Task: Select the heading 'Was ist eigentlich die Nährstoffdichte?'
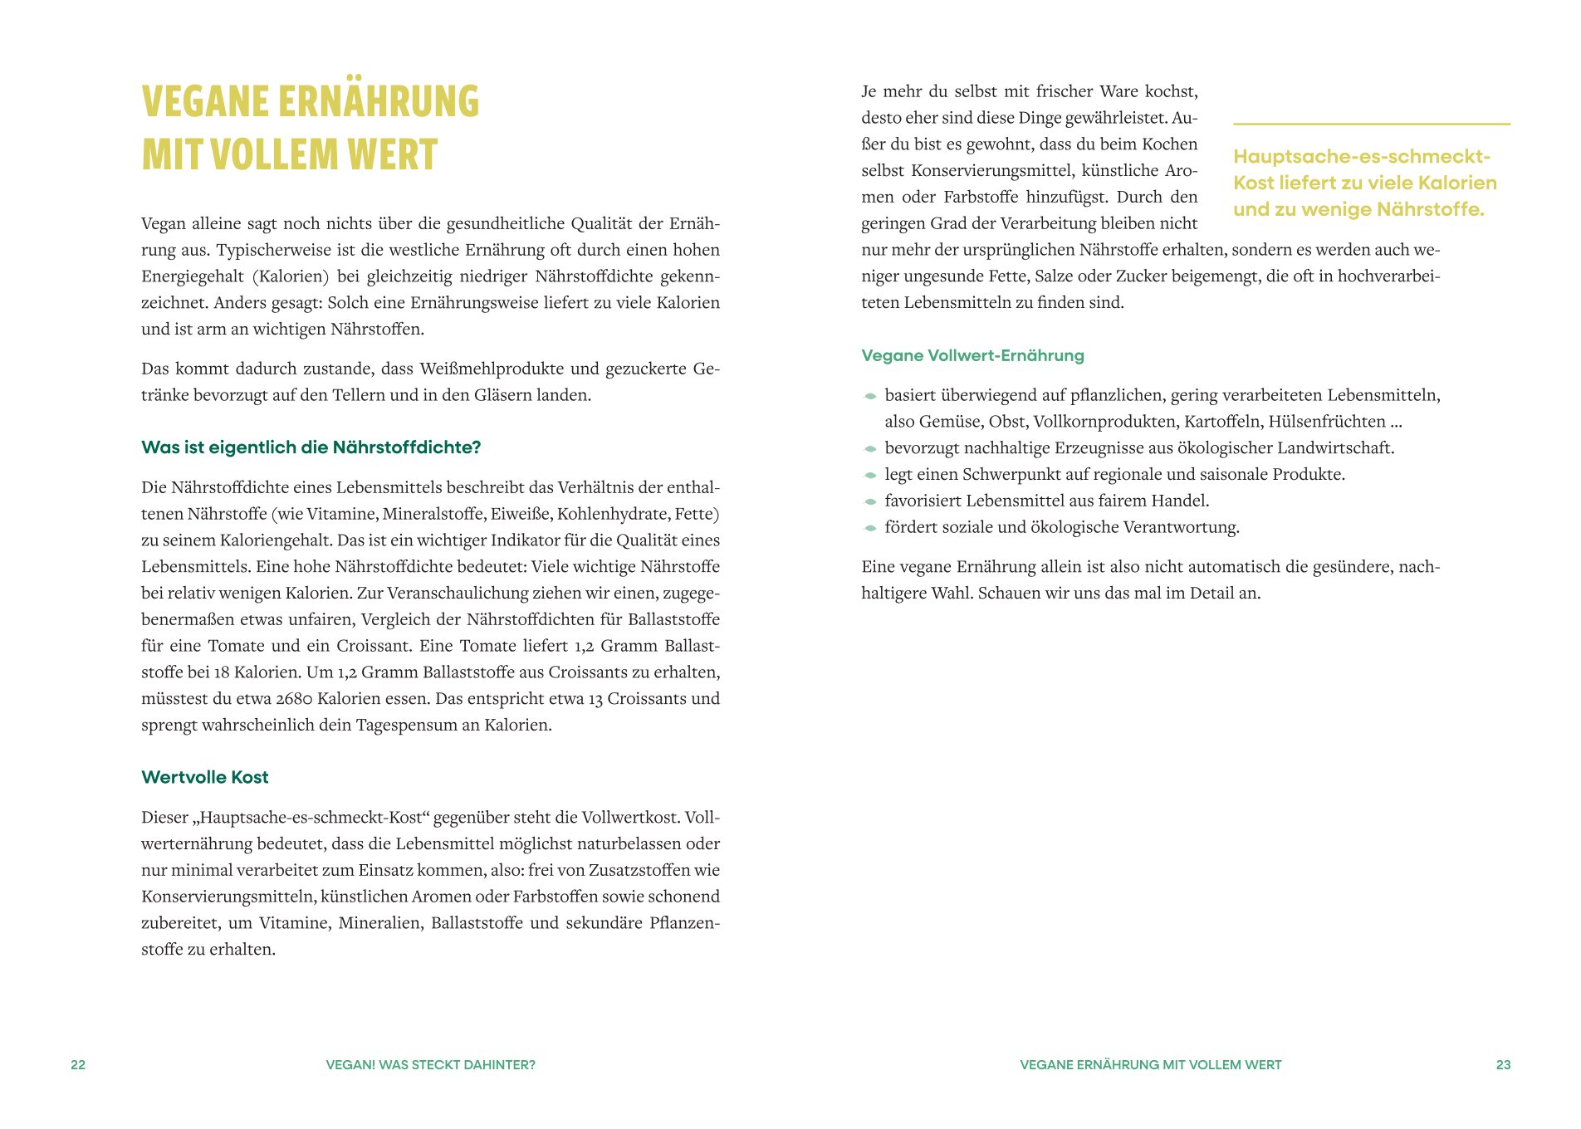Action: coord(311,447)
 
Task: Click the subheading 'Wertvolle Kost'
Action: coord(205,777)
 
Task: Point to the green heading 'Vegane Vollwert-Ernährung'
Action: coord(972,355)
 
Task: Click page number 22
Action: coord(78,1064)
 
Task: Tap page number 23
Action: coord(1503,1064)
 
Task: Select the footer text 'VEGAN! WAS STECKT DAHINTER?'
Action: coord(430,1064)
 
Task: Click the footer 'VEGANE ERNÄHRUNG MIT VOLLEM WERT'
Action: coord(1150,1064)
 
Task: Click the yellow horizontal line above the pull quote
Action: coord(1371,124)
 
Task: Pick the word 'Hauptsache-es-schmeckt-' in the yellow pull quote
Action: coord(1362,157)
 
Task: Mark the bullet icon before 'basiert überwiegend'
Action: coord(870,396)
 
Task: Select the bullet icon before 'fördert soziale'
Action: coord(870,528)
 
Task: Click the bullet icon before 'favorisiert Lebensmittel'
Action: coord(870,501)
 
